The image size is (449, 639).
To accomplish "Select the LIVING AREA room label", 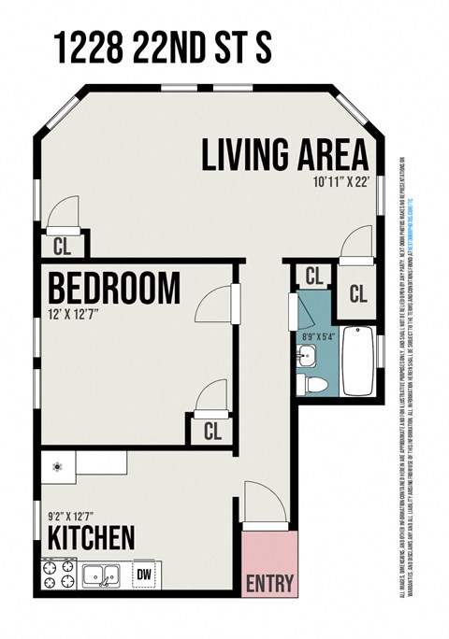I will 284,155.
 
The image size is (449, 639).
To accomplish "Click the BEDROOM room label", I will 113,289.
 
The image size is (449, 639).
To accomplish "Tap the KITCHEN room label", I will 92,537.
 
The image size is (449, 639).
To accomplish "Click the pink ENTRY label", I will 268,584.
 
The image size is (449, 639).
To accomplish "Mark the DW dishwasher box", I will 144,575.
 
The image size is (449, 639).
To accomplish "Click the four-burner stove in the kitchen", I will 58,574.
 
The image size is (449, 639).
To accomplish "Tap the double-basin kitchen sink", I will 100,575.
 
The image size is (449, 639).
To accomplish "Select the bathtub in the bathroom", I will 358,362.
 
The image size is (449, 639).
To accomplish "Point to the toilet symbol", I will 315,383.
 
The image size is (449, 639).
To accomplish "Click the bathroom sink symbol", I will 307,354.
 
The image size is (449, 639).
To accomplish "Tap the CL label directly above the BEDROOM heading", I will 61,247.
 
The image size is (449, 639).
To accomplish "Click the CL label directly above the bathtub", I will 358,293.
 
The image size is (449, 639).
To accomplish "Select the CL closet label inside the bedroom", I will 212,431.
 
